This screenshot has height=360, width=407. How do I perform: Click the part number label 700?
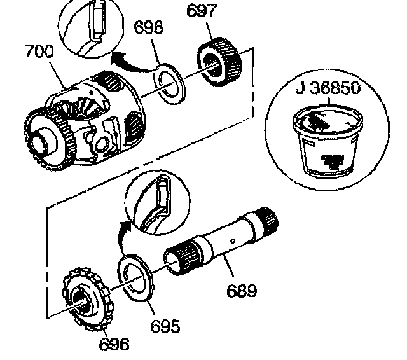point(39,52)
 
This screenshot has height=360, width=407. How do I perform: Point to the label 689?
point(242,291)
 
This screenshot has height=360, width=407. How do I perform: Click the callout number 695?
point(165,326)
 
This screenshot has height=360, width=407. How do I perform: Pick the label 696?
point(114,344)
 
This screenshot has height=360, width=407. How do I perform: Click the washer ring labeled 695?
point(137,274)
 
